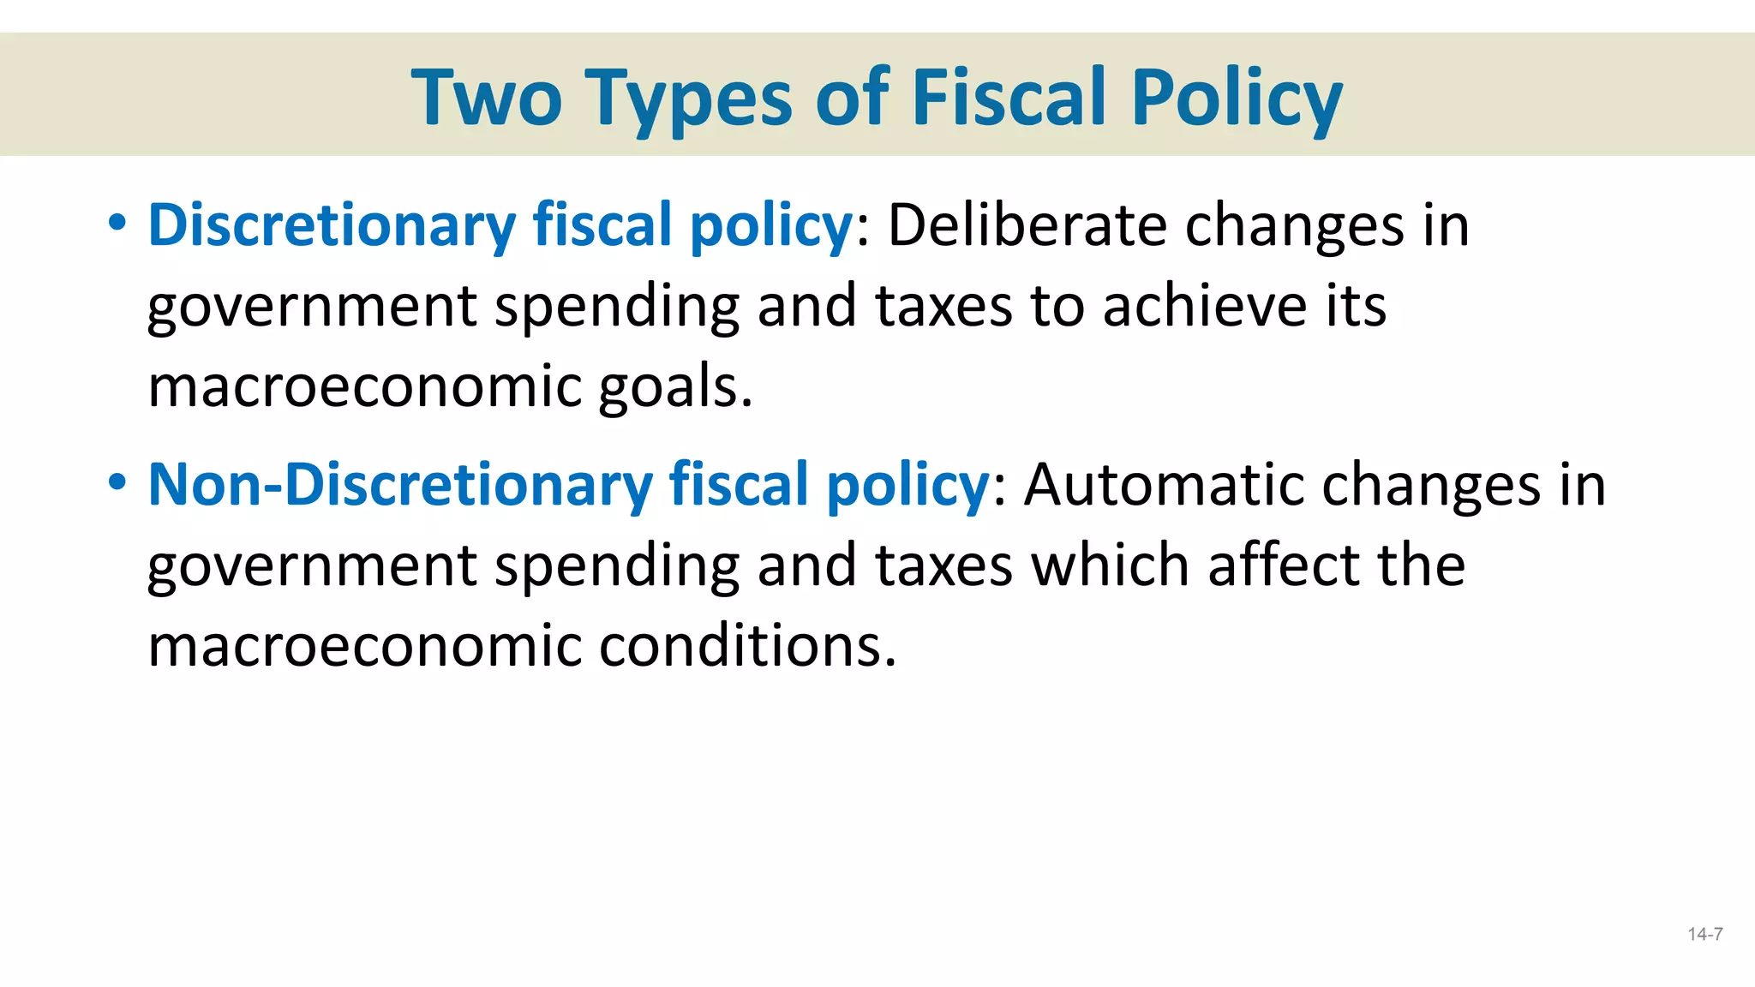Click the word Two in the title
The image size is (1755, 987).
(486, 98)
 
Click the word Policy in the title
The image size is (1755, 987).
(1236, 99)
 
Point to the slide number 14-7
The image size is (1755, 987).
(1705, 935)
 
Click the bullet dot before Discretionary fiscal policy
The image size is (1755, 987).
(117, 224)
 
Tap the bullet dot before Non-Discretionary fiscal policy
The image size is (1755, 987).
(117, 483)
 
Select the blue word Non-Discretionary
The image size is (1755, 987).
(400, 485)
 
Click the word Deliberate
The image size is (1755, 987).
(1026, 225)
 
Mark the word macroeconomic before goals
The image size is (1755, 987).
(364, 387)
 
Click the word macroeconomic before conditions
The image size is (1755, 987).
(364, 645)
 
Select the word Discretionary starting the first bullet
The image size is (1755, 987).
(332, 225)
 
